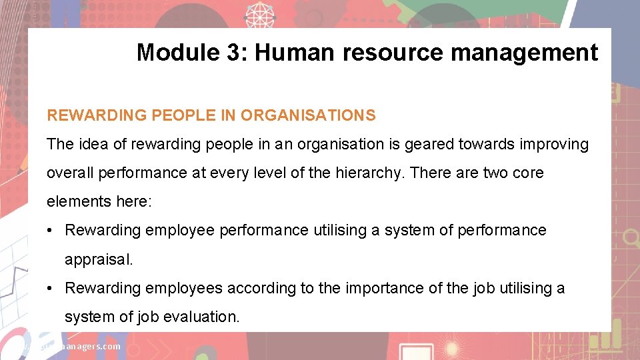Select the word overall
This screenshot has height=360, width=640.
click(x=70, y=173)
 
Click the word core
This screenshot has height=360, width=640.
click(x=528, y=173)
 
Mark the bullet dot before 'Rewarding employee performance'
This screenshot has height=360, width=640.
click(x=51, y=231)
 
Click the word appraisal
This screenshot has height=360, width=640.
click(x=99, y=259)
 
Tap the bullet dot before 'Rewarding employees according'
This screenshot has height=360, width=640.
click(x=51, y=288)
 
